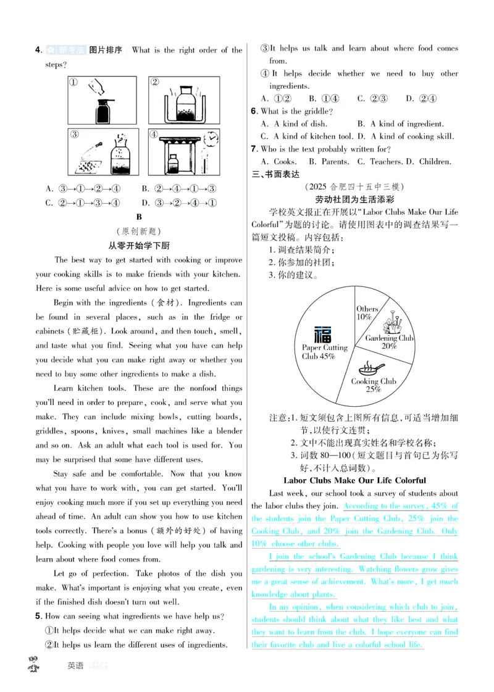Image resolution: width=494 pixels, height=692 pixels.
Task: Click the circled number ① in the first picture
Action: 73,83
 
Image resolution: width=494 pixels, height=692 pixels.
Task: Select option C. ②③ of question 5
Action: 372,98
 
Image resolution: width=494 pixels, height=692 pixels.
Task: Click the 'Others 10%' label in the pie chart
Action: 367,312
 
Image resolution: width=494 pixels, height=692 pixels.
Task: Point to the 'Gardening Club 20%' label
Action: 389,342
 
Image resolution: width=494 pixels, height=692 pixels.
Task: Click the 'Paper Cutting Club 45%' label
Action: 324,352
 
